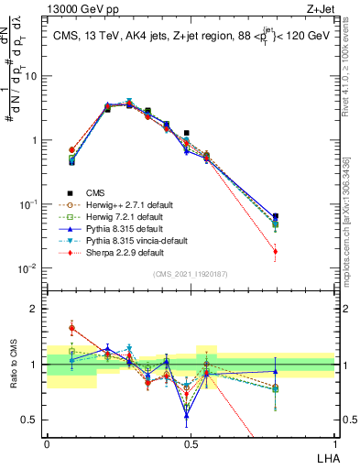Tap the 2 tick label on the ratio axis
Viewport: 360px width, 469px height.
[x=37, y=309]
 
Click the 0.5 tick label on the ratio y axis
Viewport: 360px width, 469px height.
[x=33, y=420]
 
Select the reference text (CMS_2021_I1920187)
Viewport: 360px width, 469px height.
[x=190, y=274]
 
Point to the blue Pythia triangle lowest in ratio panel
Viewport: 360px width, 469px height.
[x=187, y=415]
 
